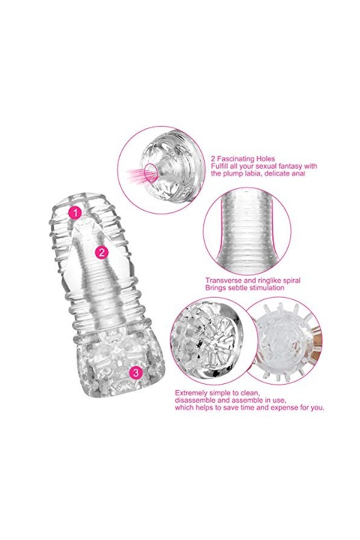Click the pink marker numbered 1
coord(75,212)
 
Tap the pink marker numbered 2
coord(102,252)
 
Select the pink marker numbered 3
coord(136,373)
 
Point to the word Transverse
coord(223,280)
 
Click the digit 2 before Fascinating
coord(212,159)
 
